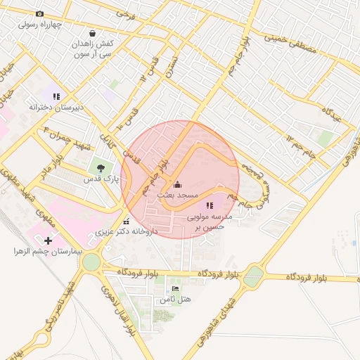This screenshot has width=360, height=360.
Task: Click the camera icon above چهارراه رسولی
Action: (39, 13)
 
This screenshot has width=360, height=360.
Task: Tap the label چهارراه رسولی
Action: (39, 24)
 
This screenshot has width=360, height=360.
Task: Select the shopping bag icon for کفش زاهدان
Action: (92, 32)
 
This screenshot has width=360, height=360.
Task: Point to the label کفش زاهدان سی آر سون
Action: (92, 48)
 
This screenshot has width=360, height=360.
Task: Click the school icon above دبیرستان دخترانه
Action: (56, 96)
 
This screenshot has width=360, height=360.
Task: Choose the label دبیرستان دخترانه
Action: (56, 107)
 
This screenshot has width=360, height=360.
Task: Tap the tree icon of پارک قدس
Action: (102, 168)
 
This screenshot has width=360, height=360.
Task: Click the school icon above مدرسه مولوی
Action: (210, 205)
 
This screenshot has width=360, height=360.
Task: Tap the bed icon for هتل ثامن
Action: (176, 288)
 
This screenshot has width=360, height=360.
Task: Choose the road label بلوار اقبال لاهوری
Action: (120, 309)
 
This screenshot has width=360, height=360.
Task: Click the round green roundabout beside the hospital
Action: (91, 262)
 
